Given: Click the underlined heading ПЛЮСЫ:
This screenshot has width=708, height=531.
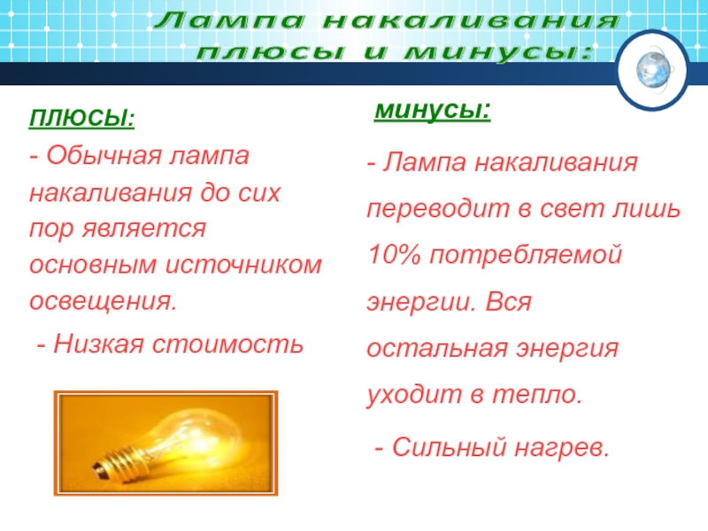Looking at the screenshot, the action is pos(81,119).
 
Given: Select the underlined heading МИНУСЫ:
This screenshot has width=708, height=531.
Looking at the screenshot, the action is pos(433,110).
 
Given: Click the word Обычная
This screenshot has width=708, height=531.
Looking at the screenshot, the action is pos(104,156).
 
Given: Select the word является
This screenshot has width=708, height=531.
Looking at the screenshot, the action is pos(143,229).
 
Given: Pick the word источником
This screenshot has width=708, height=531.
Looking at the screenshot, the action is pos(243,265).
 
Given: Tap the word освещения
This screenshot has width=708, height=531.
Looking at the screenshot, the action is pos(103,301).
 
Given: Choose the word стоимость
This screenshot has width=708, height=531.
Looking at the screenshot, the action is pos(227,345).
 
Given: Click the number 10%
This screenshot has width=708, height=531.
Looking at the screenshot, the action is pos(394,254).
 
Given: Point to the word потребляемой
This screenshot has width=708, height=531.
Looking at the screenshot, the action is pos(526,255).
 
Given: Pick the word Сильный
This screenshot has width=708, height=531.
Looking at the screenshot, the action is pos(450,448).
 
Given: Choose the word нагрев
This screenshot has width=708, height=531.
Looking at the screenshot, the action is pos(562,449).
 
